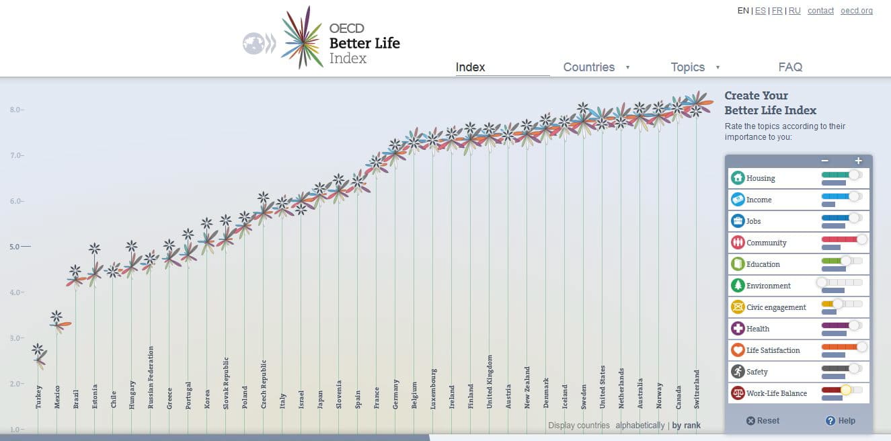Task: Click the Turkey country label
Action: pos(39,397)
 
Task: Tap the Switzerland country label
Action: pos(697,389)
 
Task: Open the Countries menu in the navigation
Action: pos(589,67)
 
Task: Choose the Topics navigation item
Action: pos(688,67)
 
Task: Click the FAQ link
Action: pos(790,67)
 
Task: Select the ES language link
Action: pos(761,11)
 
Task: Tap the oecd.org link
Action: pos(857,11)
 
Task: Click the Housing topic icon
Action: pos(738,178)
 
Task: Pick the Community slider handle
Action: pos(861,239)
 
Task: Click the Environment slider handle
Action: pos(822,282)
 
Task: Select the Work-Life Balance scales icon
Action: pos(738,393)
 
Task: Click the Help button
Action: pos(841,421)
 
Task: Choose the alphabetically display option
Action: pos(639,426)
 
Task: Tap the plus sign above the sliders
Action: pos(858,161)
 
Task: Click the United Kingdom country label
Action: pos(490,381)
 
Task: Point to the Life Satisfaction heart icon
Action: pos(738,350)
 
